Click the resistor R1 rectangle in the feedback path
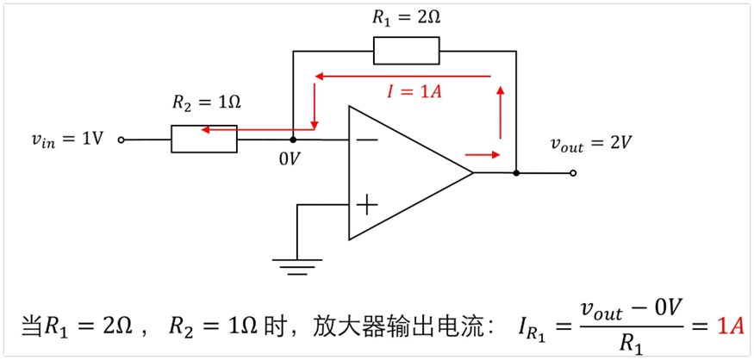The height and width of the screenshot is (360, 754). coord(406,51)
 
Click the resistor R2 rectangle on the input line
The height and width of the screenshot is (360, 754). coord(204,139)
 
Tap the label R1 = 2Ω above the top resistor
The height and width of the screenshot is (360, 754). coord(406,17)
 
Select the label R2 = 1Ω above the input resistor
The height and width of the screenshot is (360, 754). coord(206,102)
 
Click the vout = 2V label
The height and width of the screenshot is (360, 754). coord(591,143)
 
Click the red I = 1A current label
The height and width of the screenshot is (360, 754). coord(414,92)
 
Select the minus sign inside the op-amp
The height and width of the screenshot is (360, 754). coord(367,140)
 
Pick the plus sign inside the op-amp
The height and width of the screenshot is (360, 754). coord(367,204)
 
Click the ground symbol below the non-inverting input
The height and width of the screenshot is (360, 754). coord(297,266)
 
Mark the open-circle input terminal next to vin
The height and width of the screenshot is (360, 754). coord(121,140)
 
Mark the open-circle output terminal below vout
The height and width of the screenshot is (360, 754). coord(573,173)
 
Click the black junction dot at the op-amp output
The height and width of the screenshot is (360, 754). coord(515,173)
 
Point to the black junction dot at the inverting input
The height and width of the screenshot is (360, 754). coord(293,139)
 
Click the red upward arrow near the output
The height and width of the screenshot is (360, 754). coord(500,111)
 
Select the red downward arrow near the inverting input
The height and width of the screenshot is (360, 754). coord(315,108)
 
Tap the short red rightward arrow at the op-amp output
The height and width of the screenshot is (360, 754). coord(483,155)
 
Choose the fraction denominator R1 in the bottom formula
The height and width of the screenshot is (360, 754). coord(631,343)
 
